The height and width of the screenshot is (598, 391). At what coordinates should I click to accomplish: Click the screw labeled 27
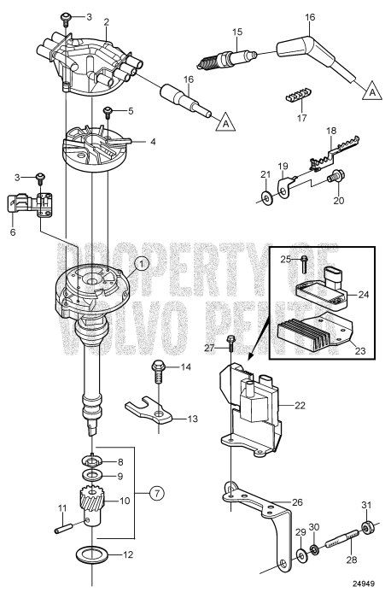(x=231, y=346)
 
